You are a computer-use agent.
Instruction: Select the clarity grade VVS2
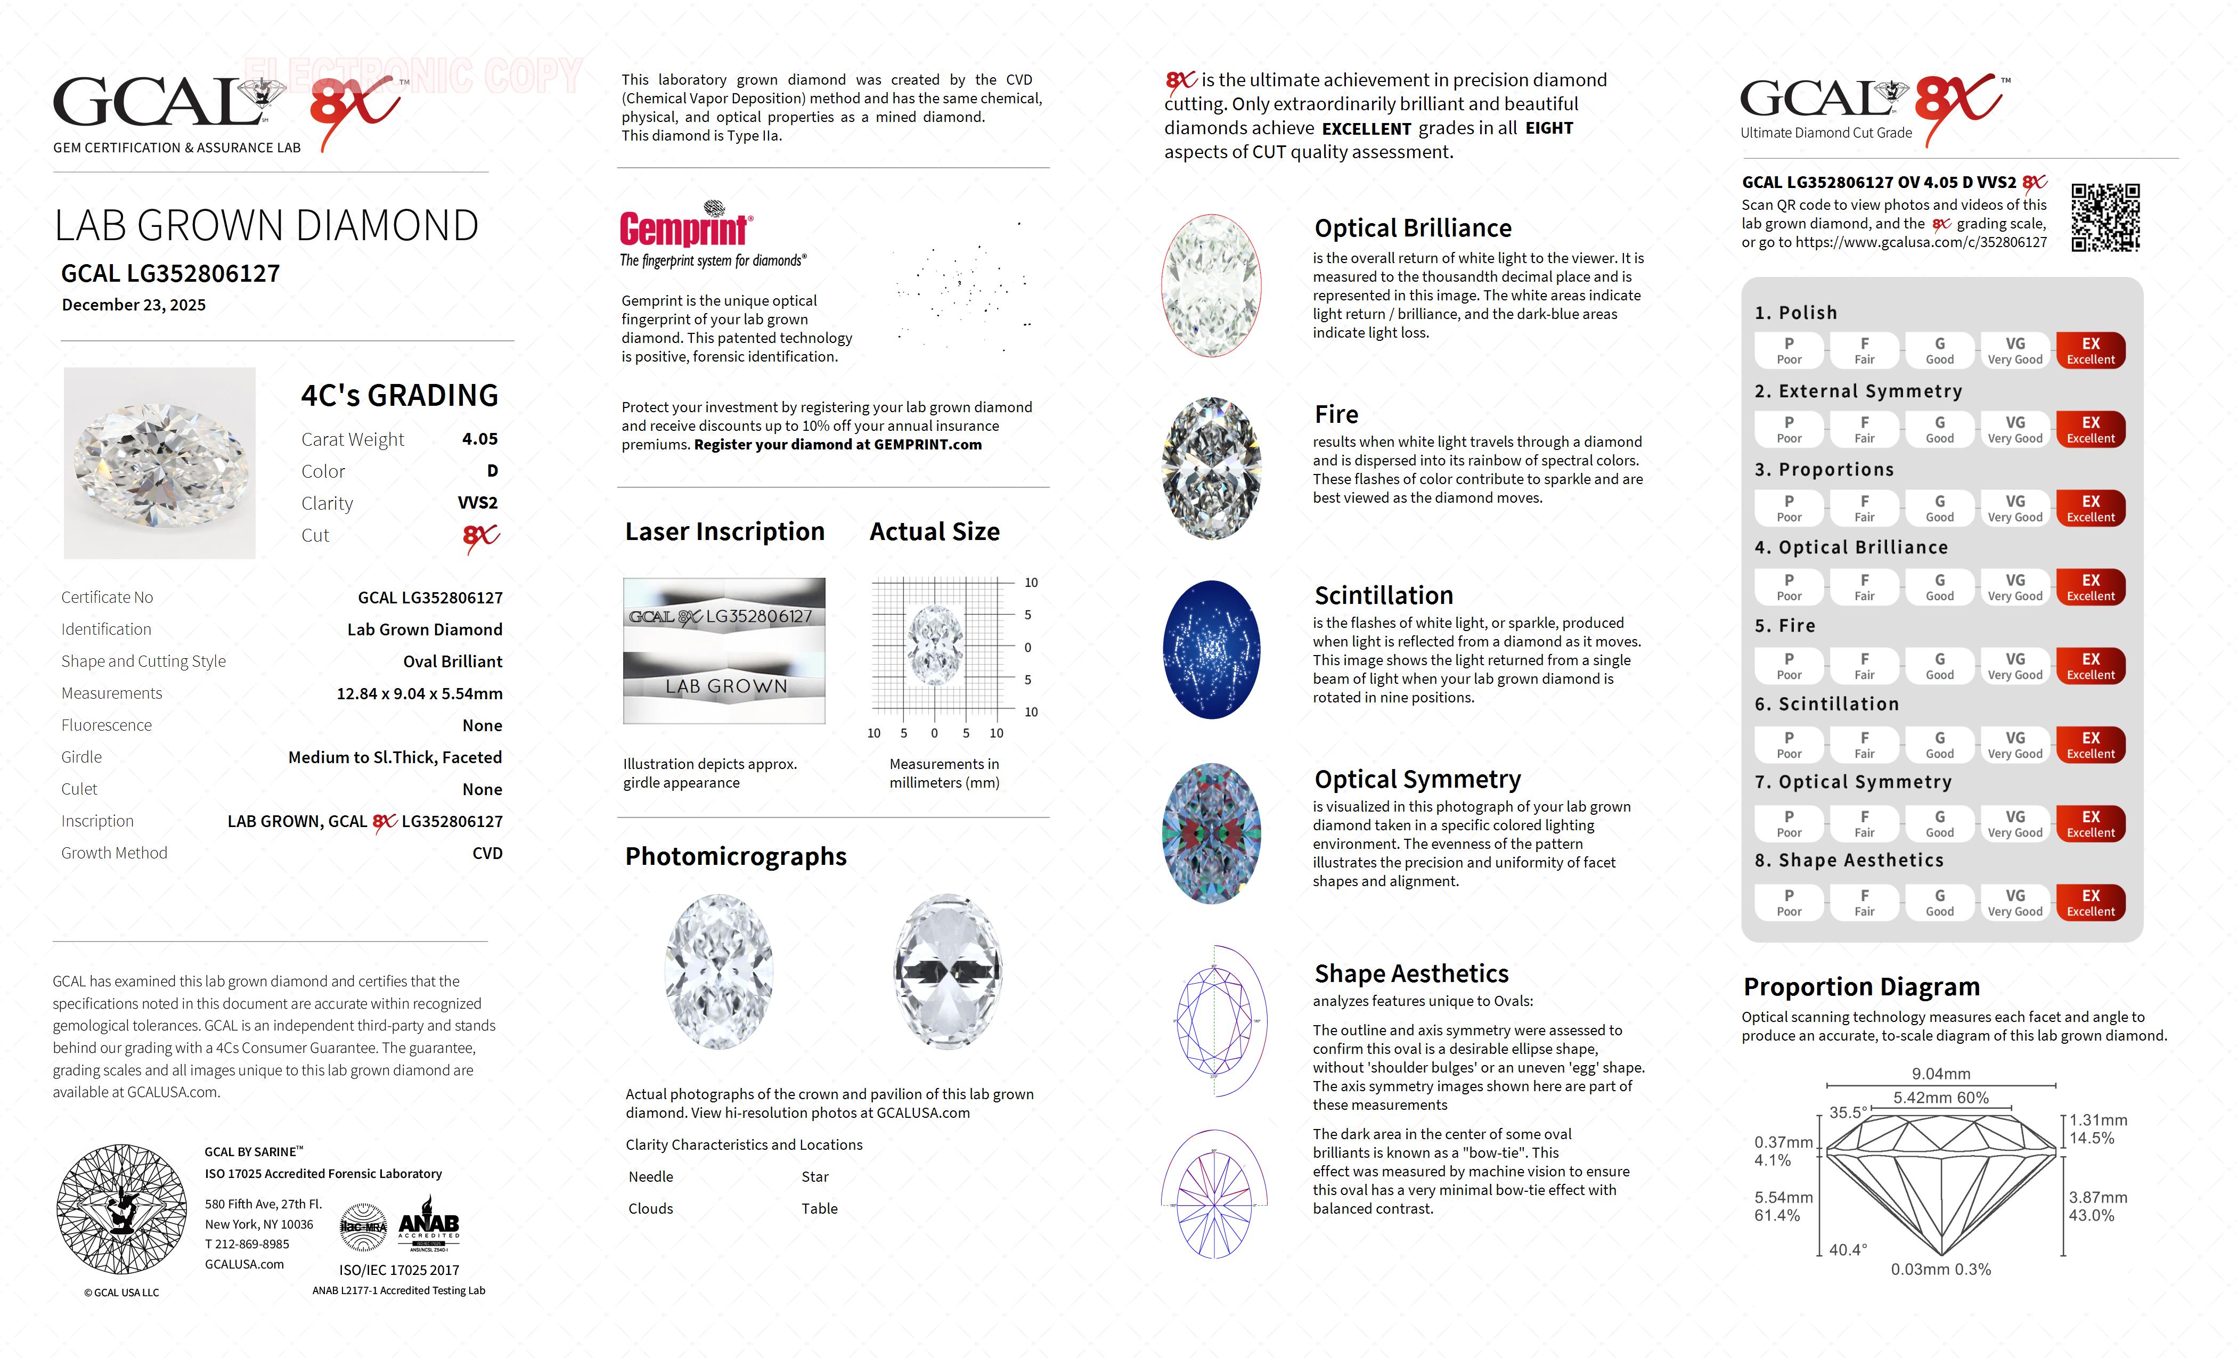pyautogui.click(x=478, y=503)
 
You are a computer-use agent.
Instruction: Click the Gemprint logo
pyautogui.click(x=685, y=227)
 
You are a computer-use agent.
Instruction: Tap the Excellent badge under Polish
pyautogui.click(x=2090, y=350)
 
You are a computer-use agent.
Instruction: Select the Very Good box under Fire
pyautogui.click(x=2014, y=665)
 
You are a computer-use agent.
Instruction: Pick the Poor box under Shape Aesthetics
pyautogui.click(x=1789, y=902)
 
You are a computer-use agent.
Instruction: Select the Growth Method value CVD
pyautogui.click(x=487, y=853)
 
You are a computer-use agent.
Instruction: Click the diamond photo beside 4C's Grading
pyautogui.click(x=160, y=463)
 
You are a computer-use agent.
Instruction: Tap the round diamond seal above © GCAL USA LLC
pyautogui.click(x=121, y=1209)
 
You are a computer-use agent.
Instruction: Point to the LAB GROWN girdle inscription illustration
pyautogui.click(x=724, y=686)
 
